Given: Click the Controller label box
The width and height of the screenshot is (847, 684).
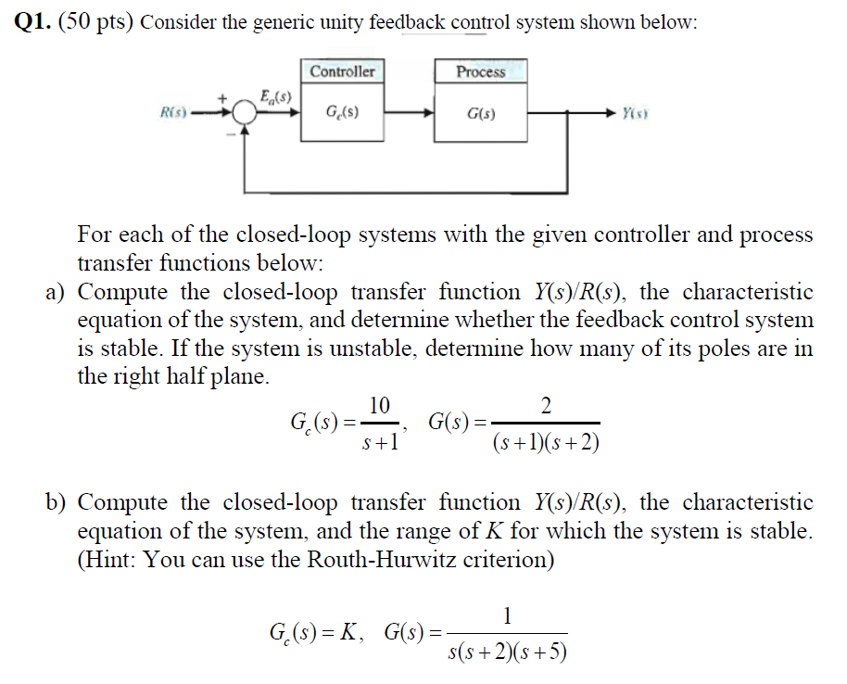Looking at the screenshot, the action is point(343,71).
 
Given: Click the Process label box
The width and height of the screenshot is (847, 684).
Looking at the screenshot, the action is point(481,71).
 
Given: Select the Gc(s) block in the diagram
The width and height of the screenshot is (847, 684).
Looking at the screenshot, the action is point(343,116).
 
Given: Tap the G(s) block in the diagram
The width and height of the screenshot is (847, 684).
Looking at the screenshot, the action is point(481,116).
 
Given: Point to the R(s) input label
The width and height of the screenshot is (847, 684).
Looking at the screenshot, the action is point(174,114).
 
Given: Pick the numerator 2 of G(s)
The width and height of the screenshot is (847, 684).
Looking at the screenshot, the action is point(545,405).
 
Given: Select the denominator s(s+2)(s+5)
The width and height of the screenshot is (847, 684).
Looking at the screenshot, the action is point(507,652).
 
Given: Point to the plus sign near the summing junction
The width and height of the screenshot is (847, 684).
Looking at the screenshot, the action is point(223,97).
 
